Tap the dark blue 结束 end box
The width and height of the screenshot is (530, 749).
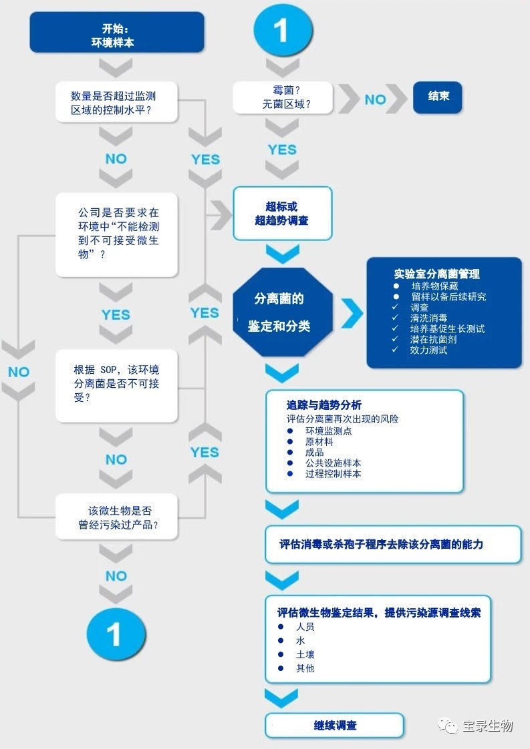[x=438, y=96]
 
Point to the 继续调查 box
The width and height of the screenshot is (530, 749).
[x=335, y=725]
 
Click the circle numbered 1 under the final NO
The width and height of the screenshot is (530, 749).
[x=116, y=634]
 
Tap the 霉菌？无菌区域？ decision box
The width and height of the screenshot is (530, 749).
[x=281, y=97]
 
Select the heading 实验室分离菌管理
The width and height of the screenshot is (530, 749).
[x=436, y=274]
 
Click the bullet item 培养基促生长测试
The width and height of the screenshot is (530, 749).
[x=447, y=328]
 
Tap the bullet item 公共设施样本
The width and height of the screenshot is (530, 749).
[x=333, y=463]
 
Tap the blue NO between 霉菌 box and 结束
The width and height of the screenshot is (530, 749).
[x=375, y=99]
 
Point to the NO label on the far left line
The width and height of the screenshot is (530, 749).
[x=19, y=372]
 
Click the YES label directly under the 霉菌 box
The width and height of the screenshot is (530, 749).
[x=281, y=150]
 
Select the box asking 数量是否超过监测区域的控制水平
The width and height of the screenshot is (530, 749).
[x=116, y=103]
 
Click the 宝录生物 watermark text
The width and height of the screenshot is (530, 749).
[x=487, y=726]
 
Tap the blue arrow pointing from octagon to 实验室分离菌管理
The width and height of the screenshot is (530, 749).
[x=352, y=313]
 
